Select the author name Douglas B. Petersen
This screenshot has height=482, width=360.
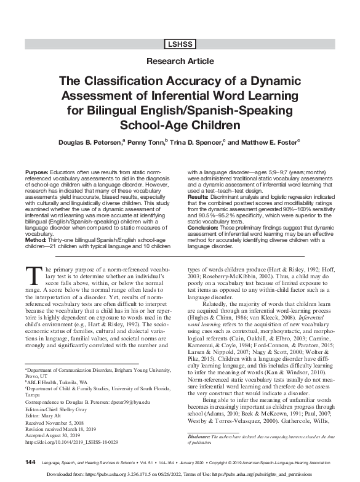88,142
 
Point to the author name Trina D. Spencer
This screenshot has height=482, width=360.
200,142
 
